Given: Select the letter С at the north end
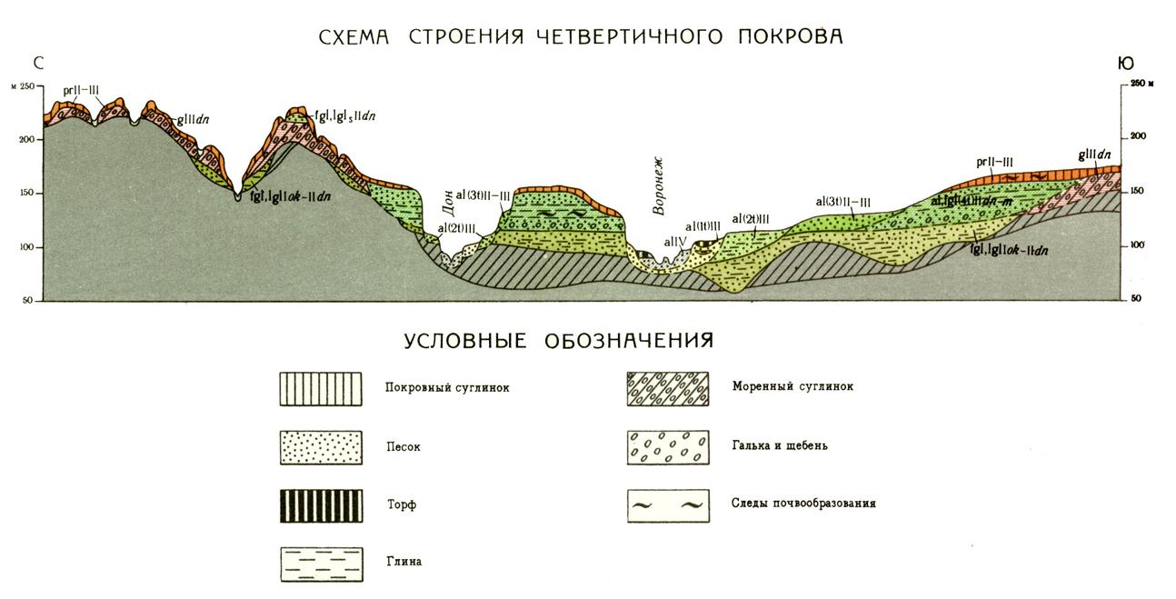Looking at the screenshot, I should (38, 63).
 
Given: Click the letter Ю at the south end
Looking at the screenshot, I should (1126, 63).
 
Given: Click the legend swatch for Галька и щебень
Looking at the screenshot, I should (668, 446).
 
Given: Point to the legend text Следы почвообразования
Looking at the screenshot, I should (803, 503).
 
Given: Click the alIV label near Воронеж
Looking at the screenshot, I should (673, 242).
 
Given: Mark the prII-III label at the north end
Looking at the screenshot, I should (81, 90).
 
